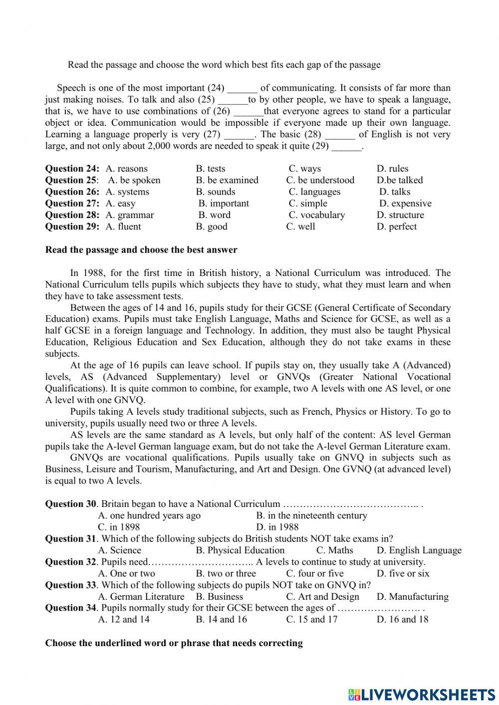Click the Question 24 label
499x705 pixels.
pyautogui.click(x=72, y=169)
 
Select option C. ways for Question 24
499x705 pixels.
pyautogui.click(x=304, y=169)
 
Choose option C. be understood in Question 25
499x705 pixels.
pyautogui.click(x=320, y=180)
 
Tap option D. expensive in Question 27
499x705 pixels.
pyautogui.click(x=405, y=203)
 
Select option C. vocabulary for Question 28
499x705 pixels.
pyautogui.click(x=316, y=215)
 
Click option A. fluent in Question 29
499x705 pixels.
pyautogui.click(x=123, y=227)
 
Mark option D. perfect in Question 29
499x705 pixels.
pyautogui.click(x=397, y=227)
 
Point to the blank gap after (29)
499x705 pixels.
pyautogui.click(x=346, y=147)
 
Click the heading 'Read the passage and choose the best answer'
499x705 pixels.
pyautogui.click(x=141, y=249)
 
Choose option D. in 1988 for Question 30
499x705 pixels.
pyautogui.click(x=277, y=527)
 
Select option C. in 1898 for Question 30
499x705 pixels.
pyautogui.click(x=119, y=527)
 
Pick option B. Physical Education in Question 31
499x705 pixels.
pyautogui.click(x=240, y=550)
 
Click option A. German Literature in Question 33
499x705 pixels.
pyautogui.click(x=141, y=597)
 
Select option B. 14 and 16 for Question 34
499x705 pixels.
pyautogui.click(x=221, y=619)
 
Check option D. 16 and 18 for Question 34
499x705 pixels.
pyautogui.click(x=402, y=619)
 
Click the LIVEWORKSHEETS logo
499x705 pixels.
pyautogui.click(x=422, y=694)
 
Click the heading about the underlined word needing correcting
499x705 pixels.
pyautogui.click(x=174, y=643)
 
